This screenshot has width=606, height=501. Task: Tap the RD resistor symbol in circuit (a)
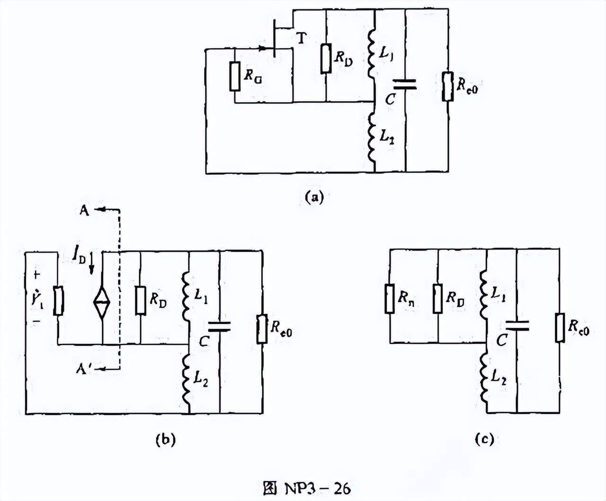pyautogui.click(x=326, y=59)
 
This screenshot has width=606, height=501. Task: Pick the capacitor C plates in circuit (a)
pyautogui.click(x=405, y=84)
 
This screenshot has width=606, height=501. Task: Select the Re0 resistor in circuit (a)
pyautogui.click(x=447, y=86)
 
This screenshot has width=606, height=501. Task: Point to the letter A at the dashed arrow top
pyautogui.click(x=84, y=210)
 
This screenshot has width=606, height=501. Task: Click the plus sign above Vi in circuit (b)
pyautogui.click(x=37, y=275)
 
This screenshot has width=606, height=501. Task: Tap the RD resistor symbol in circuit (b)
pyautogui.click(x=140, y=301)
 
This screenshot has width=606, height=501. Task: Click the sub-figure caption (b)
pyautogui.click(x=166, y=439)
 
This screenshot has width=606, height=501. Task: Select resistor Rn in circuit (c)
pyautogui.click(x=390, y=299)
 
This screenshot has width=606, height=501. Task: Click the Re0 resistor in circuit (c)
pyautogui.click(x=560, y=327)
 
